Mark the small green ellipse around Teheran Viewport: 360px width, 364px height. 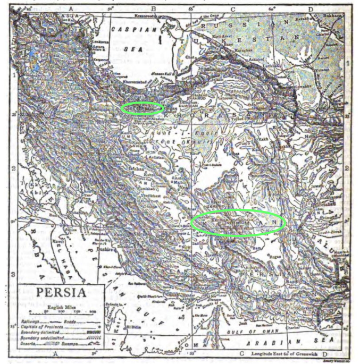(141, 108)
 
